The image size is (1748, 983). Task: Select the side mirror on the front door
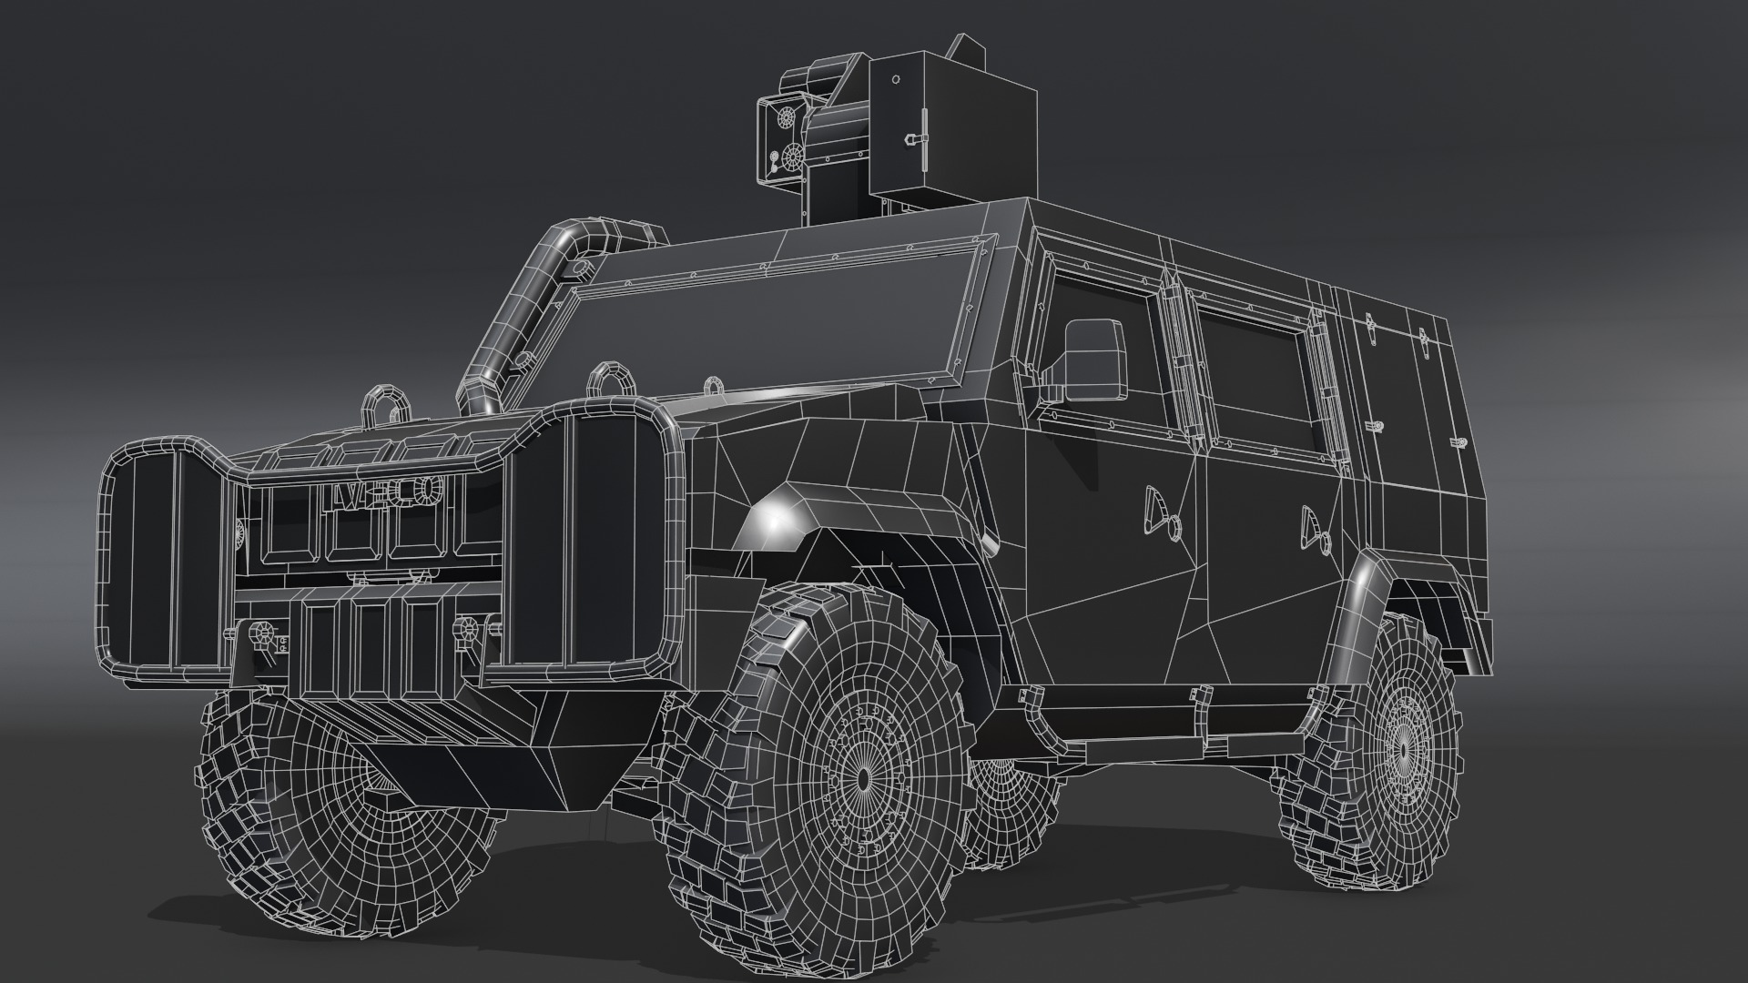tap(1092, 359)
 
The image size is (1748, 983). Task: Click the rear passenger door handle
tap(1313, 527)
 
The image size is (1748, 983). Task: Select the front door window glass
tap(1106, 355)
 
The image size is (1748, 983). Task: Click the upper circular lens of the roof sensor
tap(785, 118)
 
